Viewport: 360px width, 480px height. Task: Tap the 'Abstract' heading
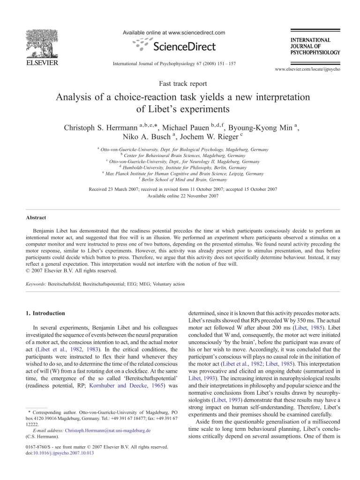pos(36,217)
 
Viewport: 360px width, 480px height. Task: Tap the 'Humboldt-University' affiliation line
pos(184,167)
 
